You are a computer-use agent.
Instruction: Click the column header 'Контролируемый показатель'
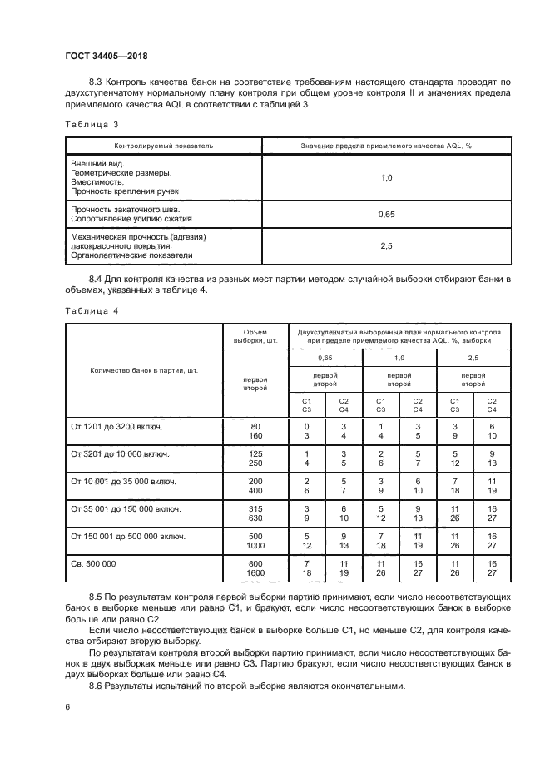[163, 145]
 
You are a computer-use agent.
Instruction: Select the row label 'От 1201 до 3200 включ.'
[117, 426]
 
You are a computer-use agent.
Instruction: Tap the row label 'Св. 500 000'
[94, 564]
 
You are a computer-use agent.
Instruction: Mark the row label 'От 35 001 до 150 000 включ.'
[126, 508]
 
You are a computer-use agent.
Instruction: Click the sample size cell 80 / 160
[255, 431]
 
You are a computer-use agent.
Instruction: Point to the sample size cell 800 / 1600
[255, 569]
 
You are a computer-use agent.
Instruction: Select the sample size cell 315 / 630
[255, 513]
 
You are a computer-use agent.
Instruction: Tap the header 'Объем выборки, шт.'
[255, 335]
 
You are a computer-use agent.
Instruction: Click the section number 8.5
[97, 598]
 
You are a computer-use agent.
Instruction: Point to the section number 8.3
[97, 82]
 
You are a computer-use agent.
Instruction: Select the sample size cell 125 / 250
[255, 458]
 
